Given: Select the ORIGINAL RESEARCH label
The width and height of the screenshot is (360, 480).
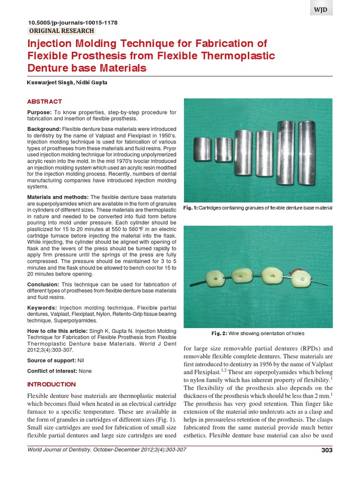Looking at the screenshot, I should point(61,31).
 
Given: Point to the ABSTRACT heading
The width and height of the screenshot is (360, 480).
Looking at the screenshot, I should point(44,101).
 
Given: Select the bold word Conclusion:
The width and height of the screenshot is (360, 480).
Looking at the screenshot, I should point(43,285).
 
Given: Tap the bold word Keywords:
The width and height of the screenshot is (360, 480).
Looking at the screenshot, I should point(42,307).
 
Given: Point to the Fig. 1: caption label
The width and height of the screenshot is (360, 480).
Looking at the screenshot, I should point(191,208).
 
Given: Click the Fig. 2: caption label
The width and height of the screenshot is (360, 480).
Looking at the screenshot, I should point(219,333).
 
